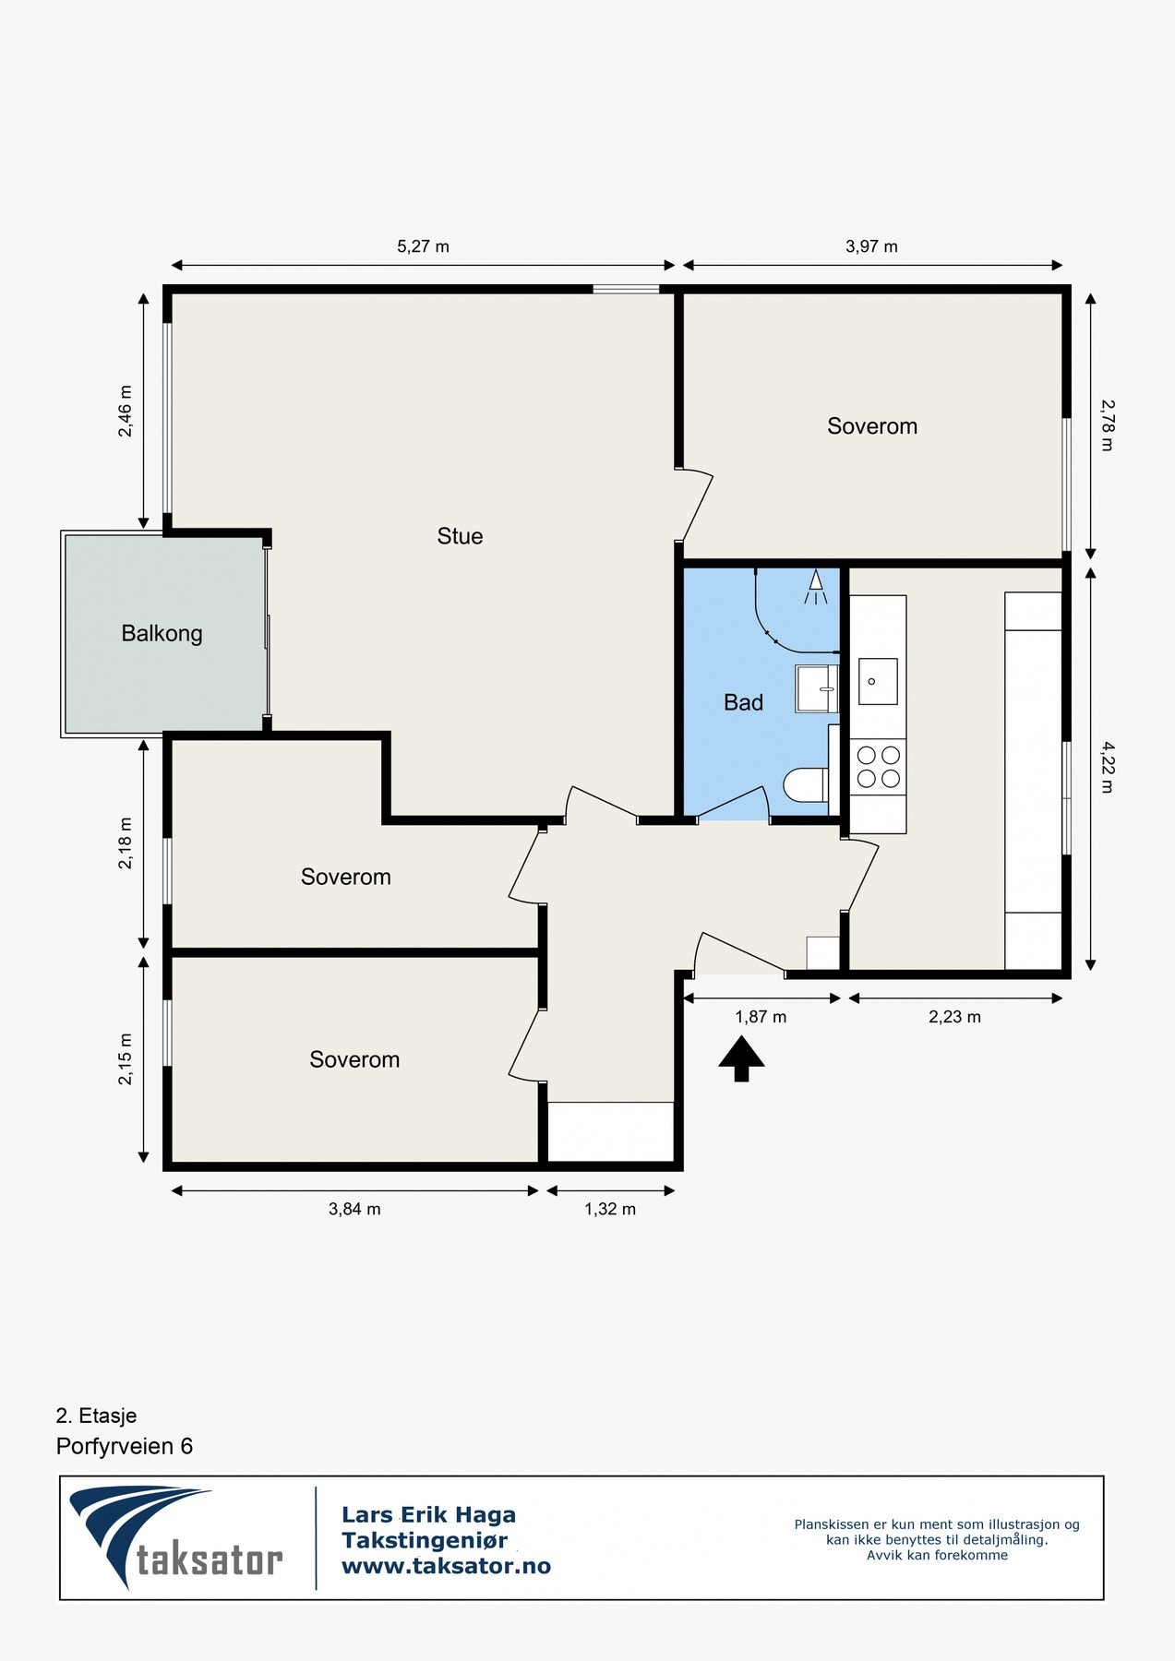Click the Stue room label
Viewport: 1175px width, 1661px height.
point(460,536)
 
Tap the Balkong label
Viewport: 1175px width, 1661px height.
point(162,634)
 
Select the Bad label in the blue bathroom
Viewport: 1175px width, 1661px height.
point(743,703)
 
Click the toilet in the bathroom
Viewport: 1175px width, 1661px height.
point(806,786)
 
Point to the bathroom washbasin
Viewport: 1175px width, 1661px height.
point(816,689)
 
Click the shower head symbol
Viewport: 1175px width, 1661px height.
point(815,587)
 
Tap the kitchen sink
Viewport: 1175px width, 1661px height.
point(878,681)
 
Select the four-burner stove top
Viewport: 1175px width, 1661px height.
point(879,767)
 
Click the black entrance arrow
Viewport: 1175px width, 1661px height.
point(741,1058)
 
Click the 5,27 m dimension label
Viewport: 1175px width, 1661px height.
point(423,246)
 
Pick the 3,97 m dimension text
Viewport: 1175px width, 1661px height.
point(871,246)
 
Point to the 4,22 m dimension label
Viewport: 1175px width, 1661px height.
point(1108,768)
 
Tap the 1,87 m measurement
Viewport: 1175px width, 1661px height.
point(761,1017)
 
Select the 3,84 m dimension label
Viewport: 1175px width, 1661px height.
point(354,1209)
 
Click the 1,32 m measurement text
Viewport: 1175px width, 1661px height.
point(610,1209)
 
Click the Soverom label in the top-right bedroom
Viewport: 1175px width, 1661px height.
point(872,426)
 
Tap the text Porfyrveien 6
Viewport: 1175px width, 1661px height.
point(125,1446)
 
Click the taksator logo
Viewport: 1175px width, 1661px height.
point(176,1537)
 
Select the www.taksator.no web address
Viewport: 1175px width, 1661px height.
point(446,1566)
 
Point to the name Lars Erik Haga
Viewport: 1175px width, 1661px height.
point(428,1514)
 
